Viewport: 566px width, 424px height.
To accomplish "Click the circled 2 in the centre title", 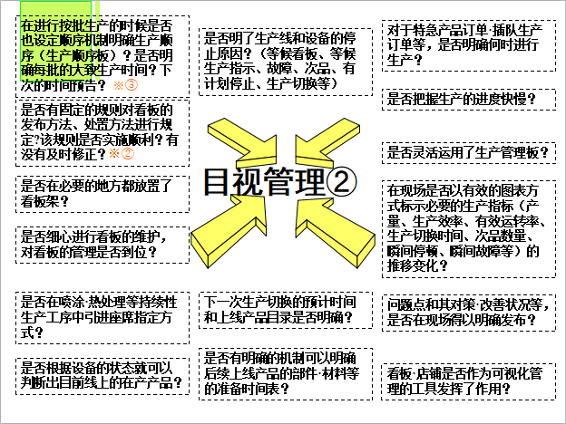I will pos(341,182).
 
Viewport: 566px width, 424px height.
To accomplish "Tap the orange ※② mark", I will pos(122,154).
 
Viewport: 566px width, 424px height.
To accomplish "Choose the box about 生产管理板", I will pos(467,152).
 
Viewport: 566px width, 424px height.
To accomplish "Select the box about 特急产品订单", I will pos(467,45).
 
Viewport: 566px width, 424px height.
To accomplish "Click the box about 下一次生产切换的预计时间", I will pos(283,311).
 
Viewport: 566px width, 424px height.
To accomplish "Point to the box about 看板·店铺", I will pos(467,381).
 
